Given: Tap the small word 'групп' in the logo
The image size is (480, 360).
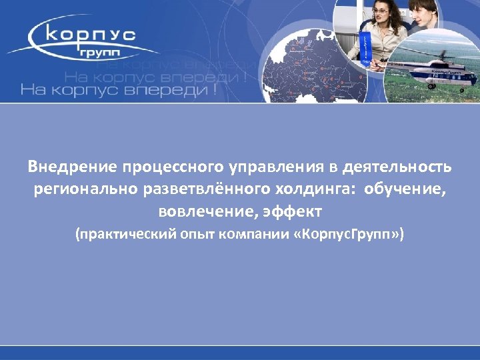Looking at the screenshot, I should (109, 51).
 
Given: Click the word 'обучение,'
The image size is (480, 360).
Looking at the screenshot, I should (405, 189).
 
